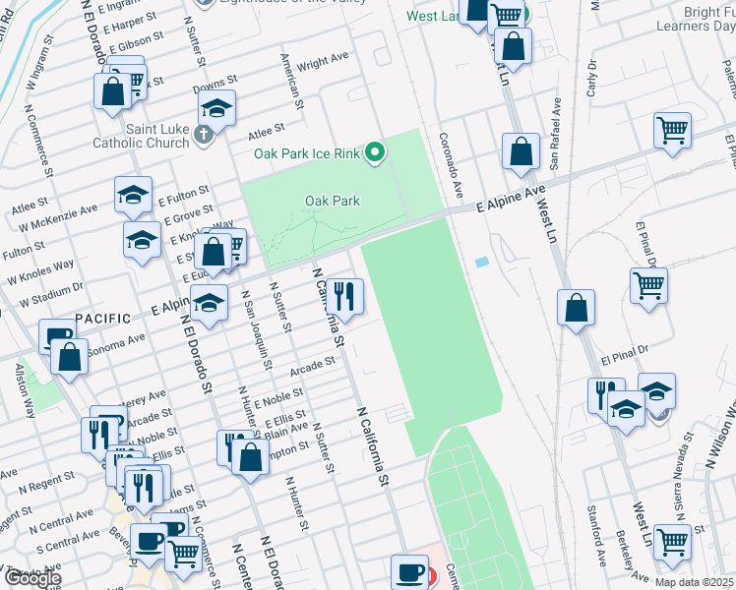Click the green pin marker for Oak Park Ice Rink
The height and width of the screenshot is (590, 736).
point(374,152)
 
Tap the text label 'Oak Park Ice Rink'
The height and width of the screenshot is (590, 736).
point(306,153)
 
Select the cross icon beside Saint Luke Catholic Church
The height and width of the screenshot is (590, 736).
point(203,134)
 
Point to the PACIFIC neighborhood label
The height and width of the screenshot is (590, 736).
point(103,318)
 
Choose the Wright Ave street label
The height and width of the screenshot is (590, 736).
point(324,62)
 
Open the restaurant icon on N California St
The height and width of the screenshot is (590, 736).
point(344,295)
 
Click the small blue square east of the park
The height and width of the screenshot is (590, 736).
point(480,263)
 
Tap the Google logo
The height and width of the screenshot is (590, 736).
point(31,579)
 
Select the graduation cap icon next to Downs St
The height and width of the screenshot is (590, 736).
point(217,109)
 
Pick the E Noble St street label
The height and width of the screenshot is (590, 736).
point(278,398)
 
